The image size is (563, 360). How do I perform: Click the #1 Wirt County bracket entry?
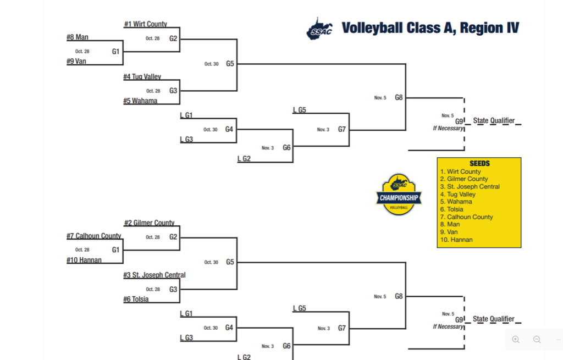coord(146,24)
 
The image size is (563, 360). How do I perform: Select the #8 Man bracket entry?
coord(78,37)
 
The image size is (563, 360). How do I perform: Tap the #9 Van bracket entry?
coord(76,62)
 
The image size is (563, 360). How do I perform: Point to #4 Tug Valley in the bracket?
coord(142,77)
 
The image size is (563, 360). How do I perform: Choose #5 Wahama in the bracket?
coord(140,101)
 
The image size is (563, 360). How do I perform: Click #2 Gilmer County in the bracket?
coord(149,223)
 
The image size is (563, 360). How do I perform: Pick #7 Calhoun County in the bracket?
coord(94,236)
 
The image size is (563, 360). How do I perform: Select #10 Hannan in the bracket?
coord(84,260)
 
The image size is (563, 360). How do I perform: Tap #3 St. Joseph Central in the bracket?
coord(154,275)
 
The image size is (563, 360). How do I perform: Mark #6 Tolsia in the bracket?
coord(136,299)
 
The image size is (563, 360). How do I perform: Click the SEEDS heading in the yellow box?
coord(479,164)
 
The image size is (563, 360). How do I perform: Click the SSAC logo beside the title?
coord(319,29)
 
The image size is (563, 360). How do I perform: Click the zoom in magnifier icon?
coord(516,340)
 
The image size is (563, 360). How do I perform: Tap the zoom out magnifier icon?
coord(537,340)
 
